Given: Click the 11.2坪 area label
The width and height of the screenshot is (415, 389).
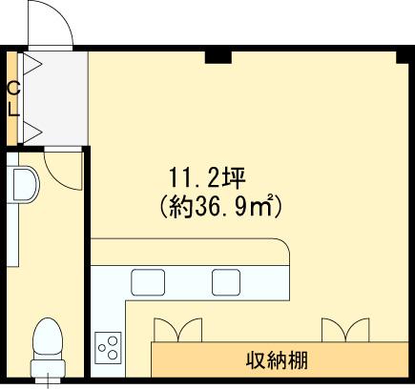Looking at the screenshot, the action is point(207,177).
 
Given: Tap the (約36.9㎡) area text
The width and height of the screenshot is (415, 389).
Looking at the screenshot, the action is point(220,206).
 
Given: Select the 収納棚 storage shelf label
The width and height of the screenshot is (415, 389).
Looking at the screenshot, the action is point(277,360).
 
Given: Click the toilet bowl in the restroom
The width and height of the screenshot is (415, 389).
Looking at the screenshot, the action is point(48,337).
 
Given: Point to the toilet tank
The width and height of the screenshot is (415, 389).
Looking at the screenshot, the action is point(48,369).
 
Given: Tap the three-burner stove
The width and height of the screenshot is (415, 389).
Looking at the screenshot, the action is point(108,348).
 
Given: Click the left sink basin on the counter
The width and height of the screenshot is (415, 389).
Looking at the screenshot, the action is point(148,282).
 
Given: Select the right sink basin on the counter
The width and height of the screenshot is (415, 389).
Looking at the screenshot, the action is point(226,282).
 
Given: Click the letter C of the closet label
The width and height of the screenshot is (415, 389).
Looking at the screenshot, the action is point(14,88).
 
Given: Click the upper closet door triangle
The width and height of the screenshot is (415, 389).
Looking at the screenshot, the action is point(31,64).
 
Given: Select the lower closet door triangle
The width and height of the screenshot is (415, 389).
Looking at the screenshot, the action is point(31,132).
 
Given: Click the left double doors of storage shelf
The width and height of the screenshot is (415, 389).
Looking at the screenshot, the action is point(177,330).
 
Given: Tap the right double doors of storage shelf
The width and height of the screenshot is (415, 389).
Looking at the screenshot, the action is point(345,330).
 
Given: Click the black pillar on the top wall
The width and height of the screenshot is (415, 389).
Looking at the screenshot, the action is point(218,57).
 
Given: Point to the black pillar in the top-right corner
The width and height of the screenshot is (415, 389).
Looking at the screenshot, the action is point(403,57).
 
